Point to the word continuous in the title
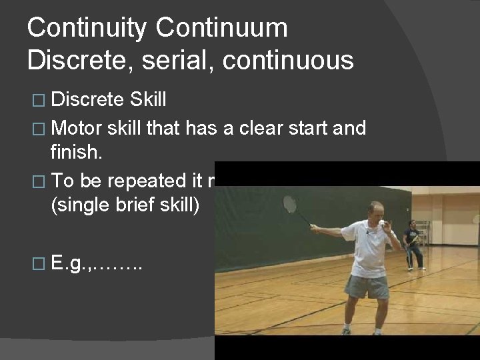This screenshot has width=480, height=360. coord(289,59)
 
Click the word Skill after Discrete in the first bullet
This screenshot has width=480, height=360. coord(146,100)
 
